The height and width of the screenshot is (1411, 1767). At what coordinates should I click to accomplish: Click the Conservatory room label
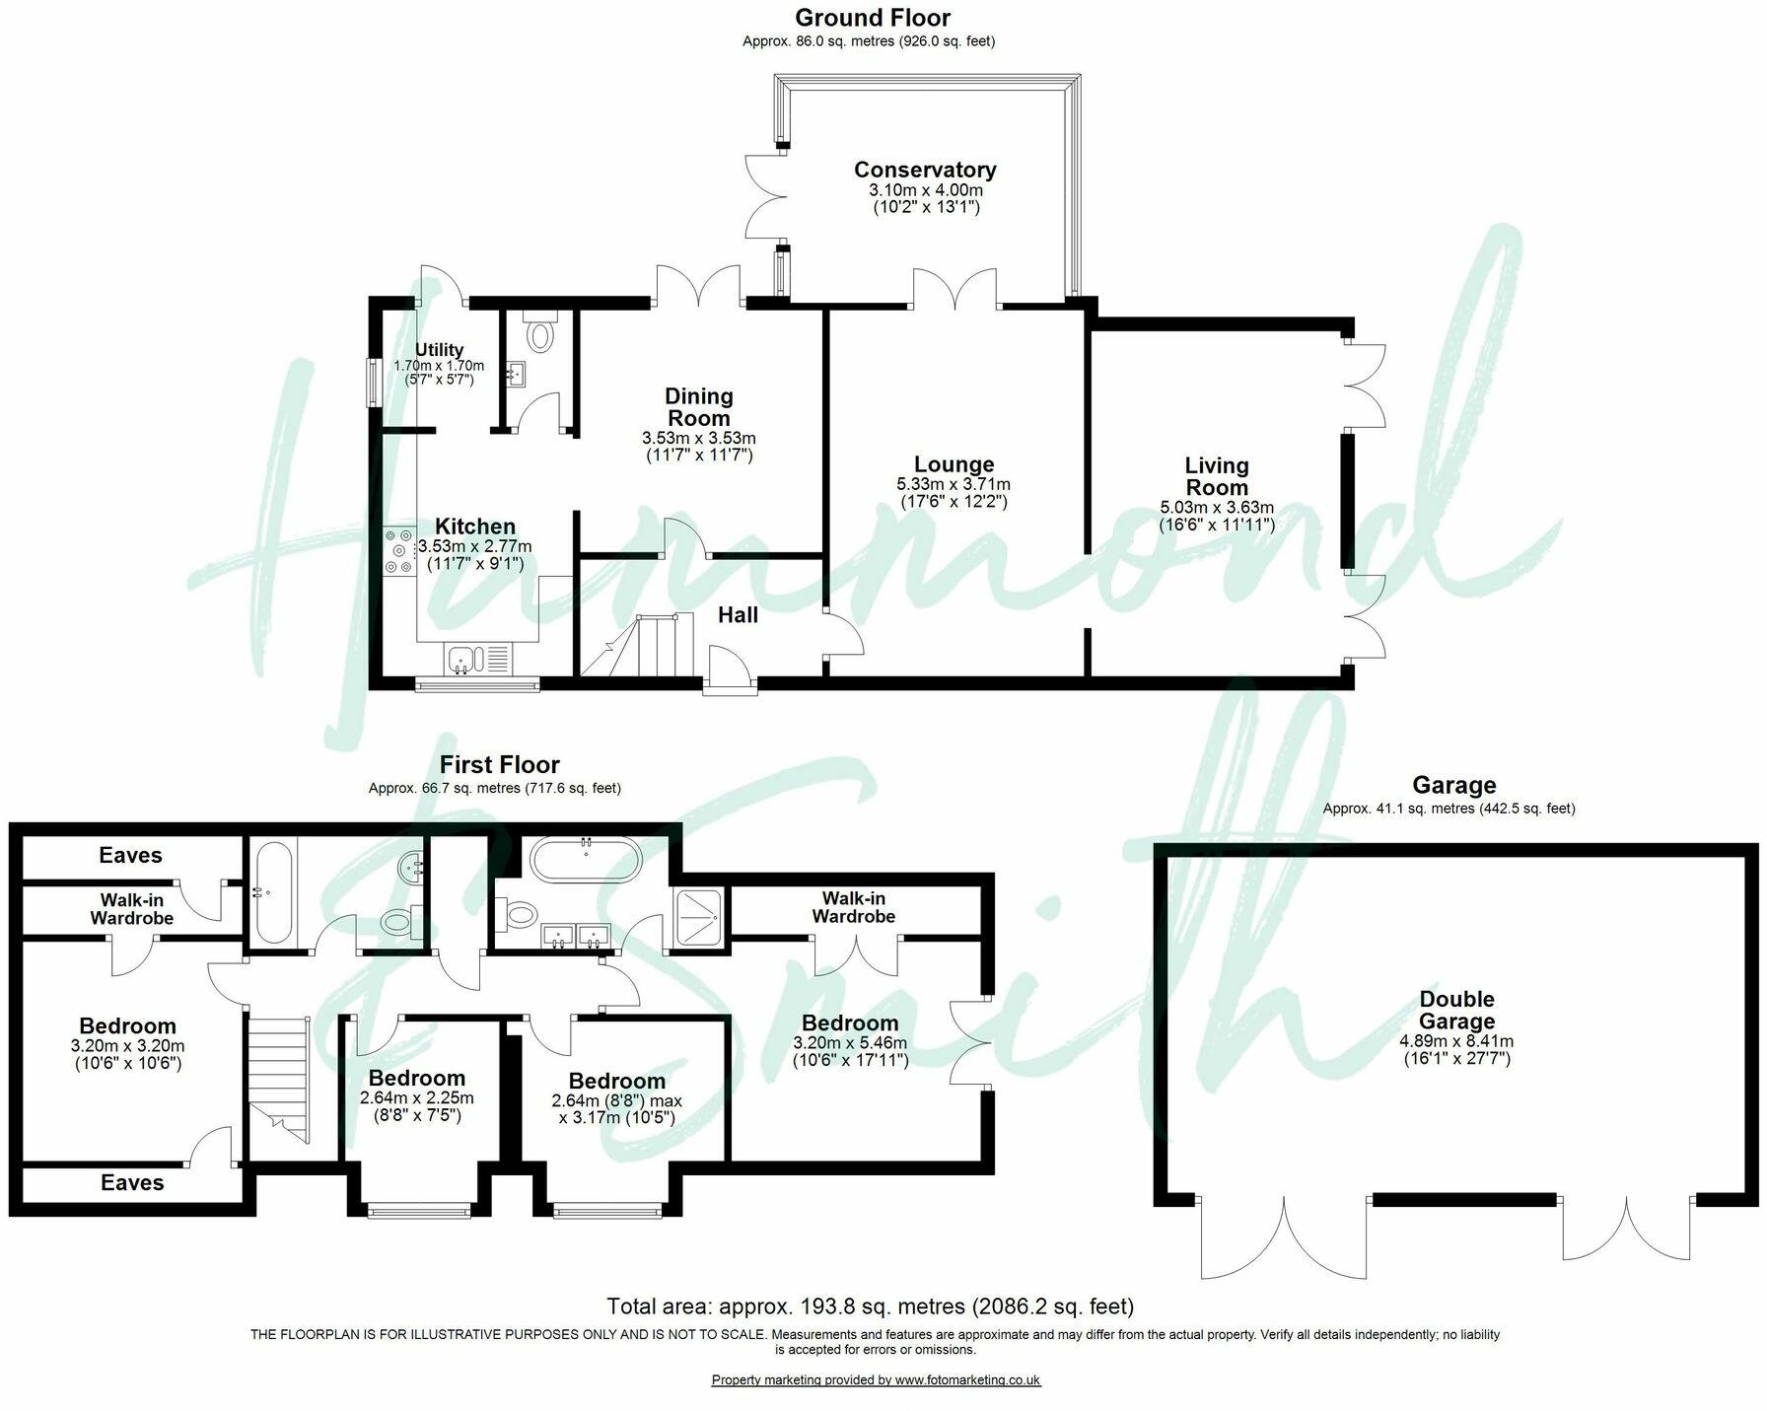point(924,170)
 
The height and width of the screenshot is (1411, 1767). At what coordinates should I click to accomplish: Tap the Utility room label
point(439,350)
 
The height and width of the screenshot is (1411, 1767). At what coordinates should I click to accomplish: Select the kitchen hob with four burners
point(400,550)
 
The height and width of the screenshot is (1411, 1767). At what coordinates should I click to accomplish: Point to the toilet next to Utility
point(539,335)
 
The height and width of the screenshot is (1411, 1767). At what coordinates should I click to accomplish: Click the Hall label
point(738,615)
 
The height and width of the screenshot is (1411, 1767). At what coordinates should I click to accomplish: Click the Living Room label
point(1217,476)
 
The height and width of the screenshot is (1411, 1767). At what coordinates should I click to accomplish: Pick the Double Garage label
point(1457,1011)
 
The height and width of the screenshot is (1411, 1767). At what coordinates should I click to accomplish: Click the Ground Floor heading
point(872,18)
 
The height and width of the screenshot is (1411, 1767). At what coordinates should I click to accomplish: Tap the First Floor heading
point(499,764)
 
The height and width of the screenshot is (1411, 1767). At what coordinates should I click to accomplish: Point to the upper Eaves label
point(130,855)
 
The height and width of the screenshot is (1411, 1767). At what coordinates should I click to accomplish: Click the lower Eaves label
point(132,1182)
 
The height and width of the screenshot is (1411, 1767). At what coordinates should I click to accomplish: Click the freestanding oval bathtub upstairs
point(586,860)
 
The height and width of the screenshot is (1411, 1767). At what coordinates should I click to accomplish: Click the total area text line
point(870,1306)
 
